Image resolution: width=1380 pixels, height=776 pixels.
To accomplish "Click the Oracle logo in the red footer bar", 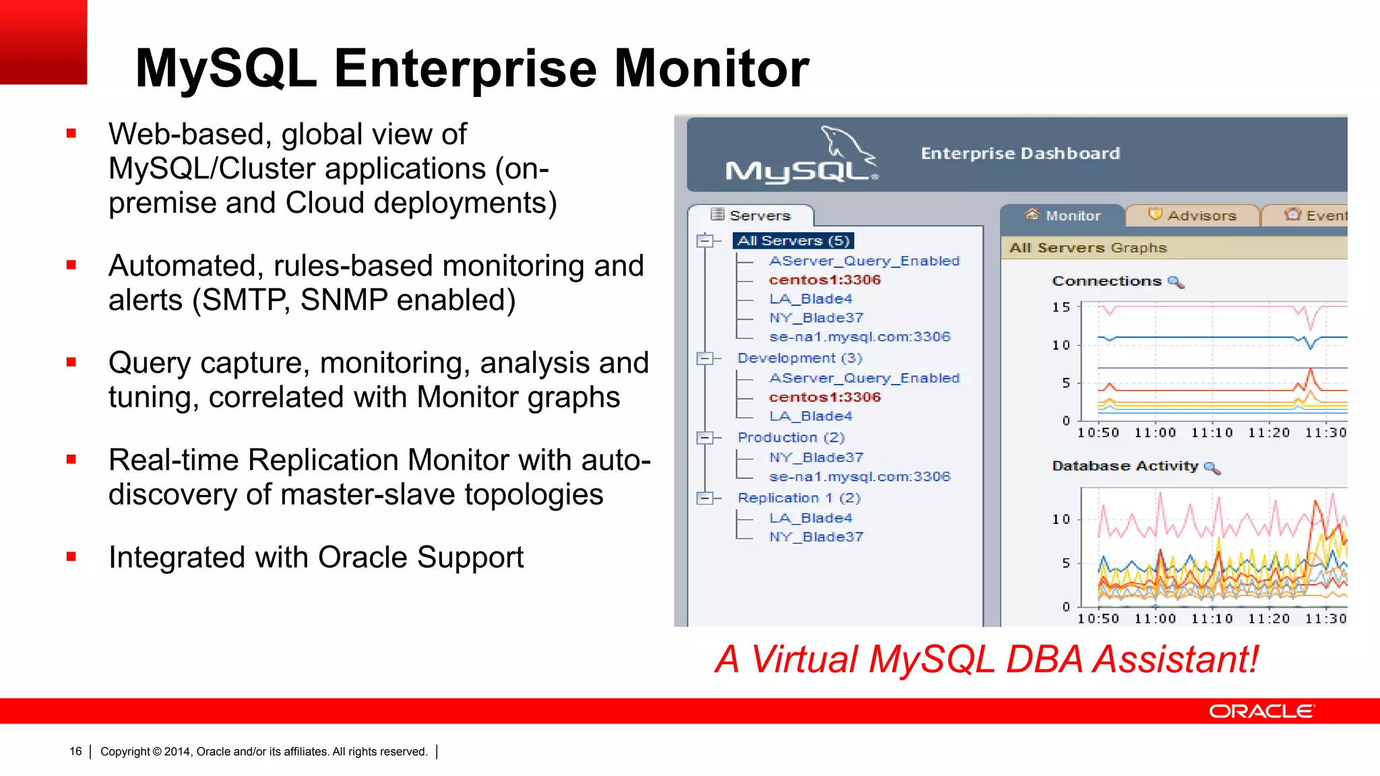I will (1261, 711).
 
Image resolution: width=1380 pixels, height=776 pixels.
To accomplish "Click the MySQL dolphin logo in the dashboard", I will (803, 156).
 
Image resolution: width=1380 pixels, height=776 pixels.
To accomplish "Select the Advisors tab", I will (1193, 216).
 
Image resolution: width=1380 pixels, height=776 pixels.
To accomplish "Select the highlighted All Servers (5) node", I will (793, 240).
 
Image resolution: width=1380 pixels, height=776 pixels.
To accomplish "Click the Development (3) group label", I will (799, 358).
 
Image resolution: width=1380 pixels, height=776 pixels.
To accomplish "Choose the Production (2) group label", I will (790, 438).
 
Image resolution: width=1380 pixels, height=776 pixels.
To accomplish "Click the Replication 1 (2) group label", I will (798, 498).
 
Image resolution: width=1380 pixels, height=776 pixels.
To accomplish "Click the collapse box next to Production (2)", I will (705, 438).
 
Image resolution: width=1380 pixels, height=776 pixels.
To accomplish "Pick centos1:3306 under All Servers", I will (824, 280).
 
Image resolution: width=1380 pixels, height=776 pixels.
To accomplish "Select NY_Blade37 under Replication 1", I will (815, 537).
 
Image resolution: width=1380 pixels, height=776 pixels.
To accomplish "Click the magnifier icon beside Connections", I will (1175, 282).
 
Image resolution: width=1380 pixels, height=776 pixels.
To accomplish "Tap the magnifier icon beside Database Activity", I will (1212, 467).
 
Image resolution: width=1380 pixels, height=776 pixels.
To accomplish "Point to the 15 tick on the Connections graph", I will (1061, 307).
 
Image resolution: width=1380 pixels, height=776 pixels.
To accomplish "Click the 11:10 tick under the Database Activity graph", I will (1212, 618).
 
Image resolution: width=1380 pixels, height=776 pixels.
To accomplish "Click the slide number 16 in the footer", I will (75, 751).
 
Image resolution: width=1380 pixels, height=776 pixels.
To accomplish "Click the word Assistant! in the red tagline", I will (1175, 659).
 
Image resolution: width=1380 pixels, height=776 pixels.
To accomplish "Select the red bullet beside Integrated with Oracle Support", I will (71, 557).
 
